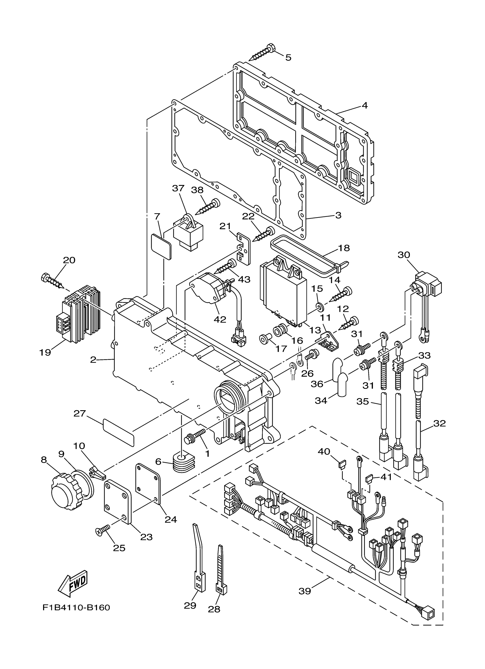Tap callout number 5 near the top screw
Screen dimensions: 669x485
(x=288, y=58)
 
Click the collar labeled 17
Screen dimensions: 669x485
(x=264, y=340)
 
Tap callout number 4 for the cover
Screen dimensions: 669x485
(x=365, y=105)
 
